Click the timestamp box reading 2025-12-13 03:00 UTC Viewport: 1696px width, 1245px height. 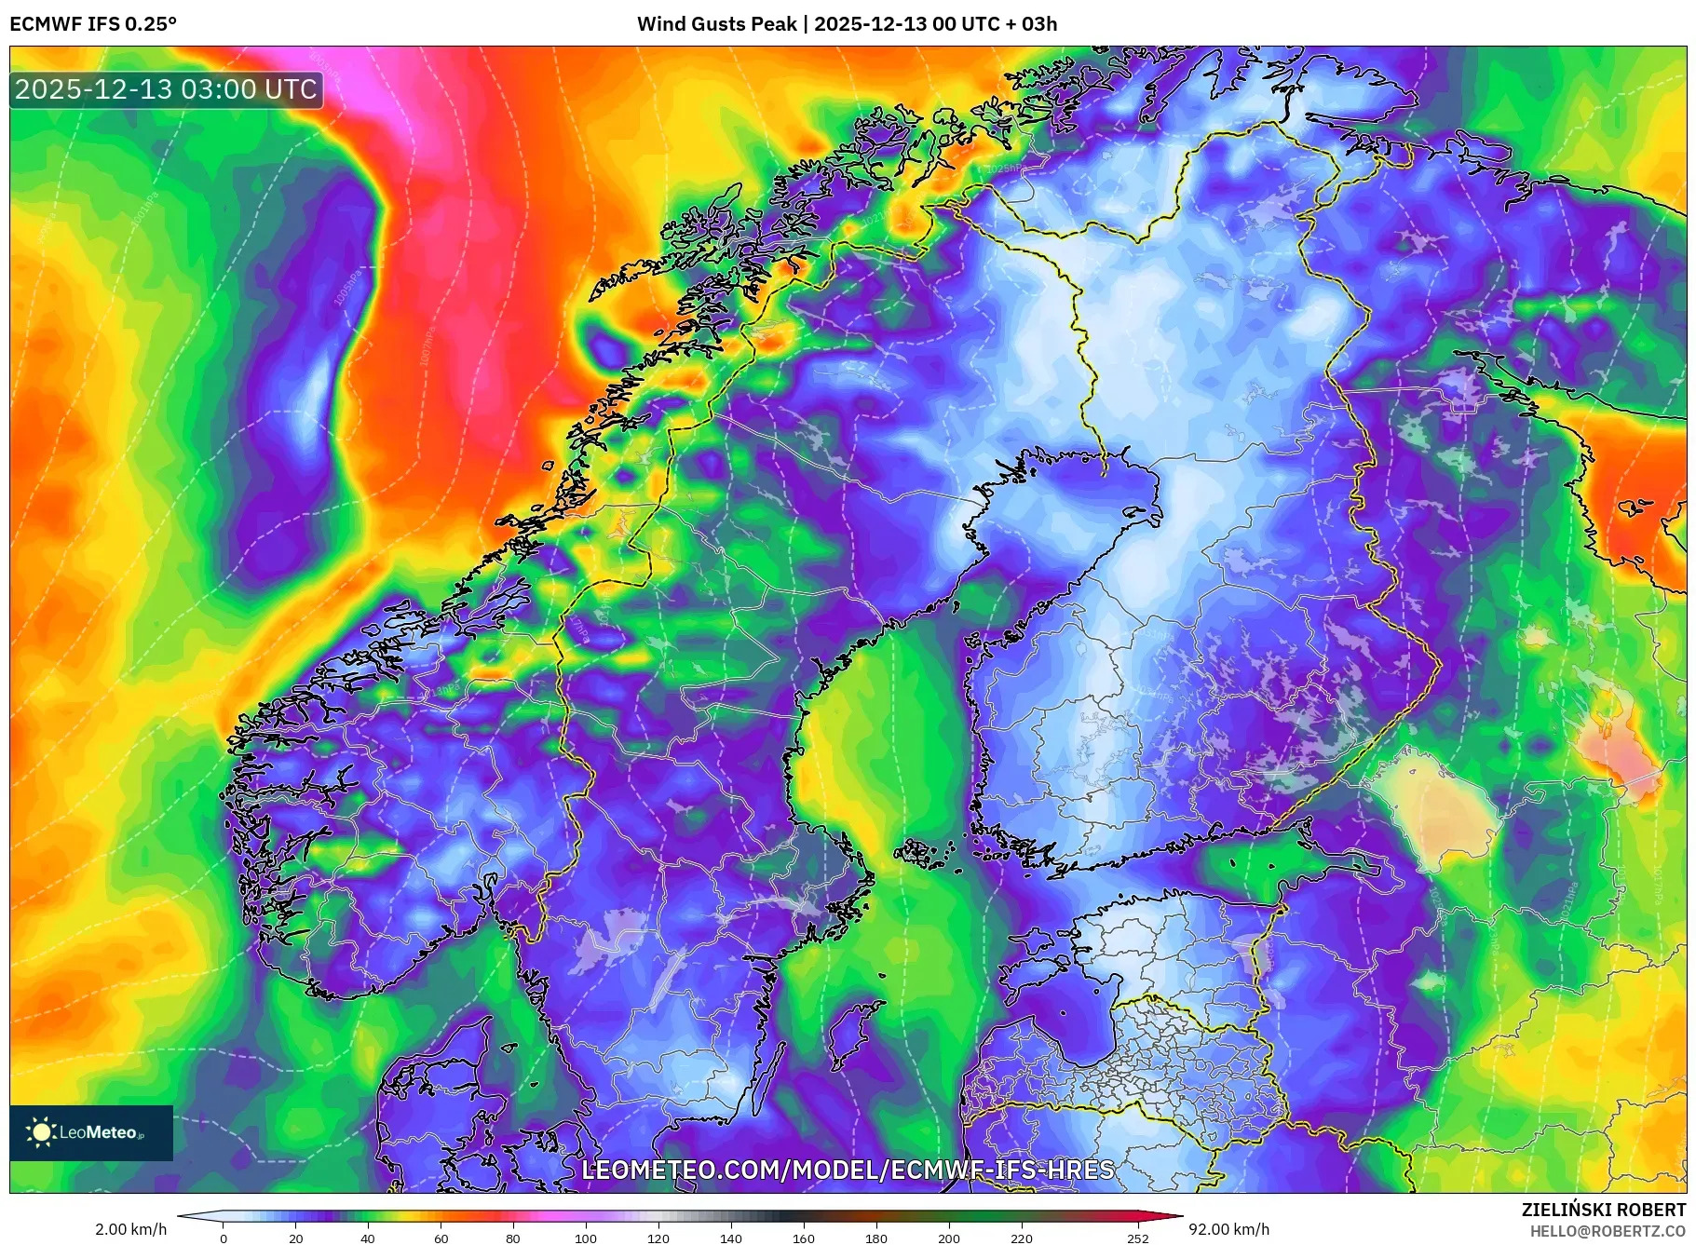tap(166, 89)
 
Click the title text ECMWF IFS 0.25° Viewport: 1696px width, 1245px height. tap(92, 24)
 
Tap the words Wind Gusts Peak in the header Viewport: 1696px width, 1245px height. tap(716, 24)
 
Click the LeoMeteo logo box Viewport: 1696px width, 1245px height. tap(91, 1132)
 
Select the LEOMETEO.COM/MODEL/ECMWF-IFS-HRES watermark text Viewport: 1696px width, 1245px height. tap(848, 1170)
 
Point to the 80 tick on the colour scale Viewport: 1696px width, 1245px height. tap(513, 1238)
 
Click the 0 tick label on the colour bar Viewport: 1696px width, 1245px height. tap(224, 1238)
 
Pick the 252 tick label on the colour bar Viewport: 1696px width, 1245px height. tap(1138, 1238)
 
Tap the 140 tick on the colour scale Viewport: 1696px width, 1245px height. tap(731, 1238)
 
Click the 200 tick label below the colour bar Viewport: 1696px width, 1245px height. tap(949, 1238)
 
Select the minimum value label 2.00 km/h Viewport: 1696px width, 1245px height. tap(131, 1229)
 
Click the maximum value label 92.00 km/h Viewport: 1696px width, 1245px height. tap(1228, 1229)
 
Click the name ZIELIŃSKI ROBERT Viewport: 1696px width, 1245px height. tap(1603, 1210)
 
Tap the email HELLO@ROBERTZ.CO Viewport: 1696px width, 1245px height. tap(1608, 1231)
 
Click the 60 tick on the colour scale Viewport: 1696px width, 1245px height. tap(441, 1238)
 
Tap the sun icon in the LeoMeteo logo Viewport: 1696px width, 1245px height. tap(41, 1132)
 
